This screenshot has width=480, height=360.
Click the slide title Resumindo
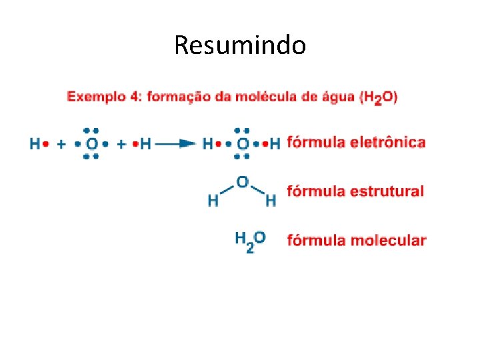coord(240,46)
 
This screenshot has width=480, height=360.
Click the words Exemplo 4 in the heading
coord(103,97)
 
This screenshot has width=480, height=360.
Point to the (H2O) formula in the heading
coord(378,97)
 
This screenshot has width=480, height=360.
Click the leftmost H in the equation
coord(35,143)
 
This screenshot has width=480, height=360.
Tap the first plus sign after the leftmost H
coord(61,143)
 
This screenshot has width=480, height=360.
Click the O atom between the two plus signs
coord(92,143)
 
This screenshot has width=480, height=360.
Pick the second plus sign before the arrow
coord(122,143)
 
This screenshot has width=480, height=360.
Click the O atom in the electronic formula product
coord(243,143)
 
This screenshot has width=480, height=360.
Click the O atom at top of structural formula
coord(242,181)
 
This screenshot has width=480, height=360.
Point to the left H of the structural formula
coord(213,199)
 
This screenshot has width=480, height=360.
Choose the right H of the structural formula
coord(271,199)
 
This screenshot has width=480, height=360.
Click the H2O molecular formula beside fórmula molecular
coord(250,240)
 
